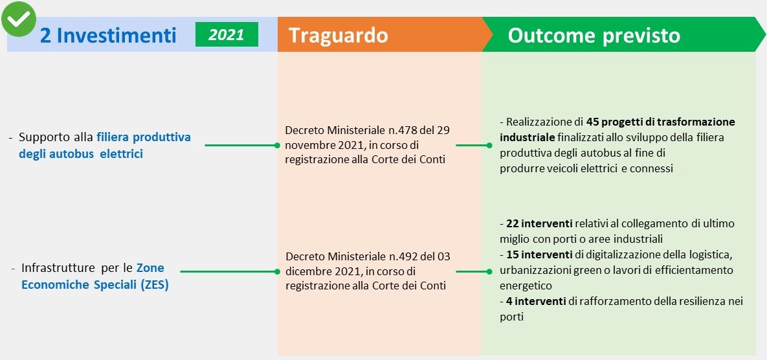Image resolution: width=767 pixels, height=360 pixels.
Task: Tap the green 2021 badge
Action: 227,34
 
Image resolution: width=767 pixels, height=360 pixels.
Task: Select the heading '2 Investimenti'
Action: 108,35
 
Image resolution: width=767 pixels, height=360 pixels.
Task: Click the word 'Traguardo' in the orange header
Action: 338,35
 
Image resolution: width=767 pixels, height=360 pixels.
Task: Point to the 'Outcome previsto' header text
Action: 594,35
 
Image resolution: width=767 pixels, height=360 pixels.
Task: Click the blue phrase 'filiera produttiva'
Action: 144,137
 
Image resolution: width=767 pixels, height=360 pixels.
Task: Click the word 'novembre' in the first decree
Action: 309,145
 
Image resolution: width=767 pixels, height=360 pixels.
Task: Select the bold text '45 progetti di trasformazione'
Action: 660,122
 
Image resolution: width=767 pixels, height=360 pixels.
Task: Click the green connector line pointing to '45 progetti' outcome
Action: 469,146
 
